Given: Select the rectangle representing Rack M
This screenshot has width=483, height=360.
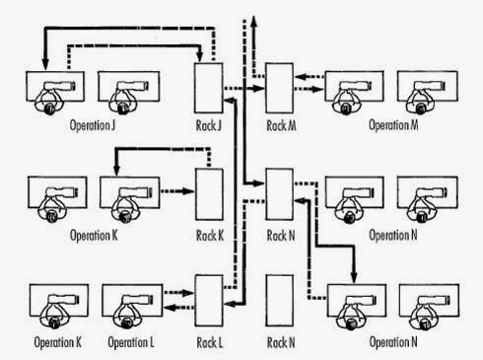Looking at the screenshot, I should coord(280,87).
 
